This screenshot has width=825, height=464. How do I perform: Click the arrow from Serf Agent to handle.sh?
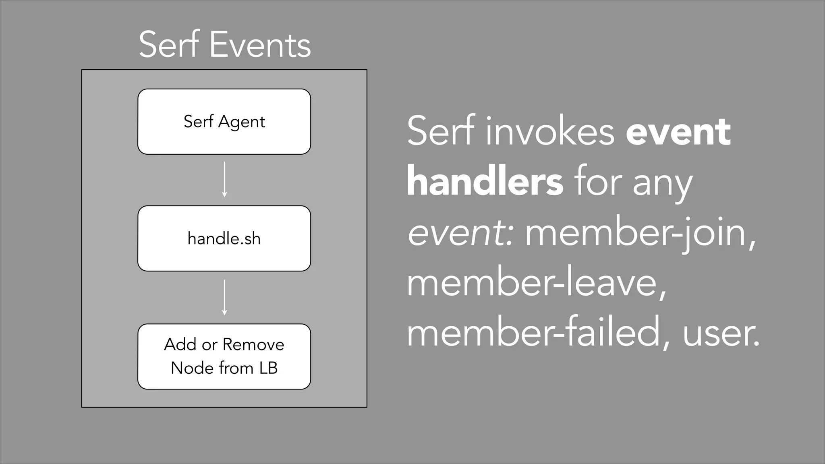pyautogui.click(x=224, y=179)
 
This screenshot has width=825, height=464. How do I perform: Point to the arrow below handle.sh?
pyautogui.click(x=224, y=297)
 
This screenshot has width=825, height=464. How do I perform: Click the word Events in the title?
pyautogui.click(x=260, y=45)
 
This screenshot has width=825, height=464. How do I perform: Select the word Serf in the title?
pyautogui.click(x=169, y=45)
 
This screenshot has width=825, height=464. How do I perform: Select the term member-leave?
pyautogui.click(x=535, y=284)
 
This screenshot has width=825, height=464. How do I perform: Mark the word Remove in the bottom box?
pyautogui.click(x=253, y=345)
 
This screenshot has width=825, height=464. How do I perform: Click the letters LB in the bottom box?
pyautogui.click(x=268, y=368)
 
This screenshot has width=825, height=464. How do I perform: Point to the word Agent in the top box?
pyautogui.click(x=241, y=122)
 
